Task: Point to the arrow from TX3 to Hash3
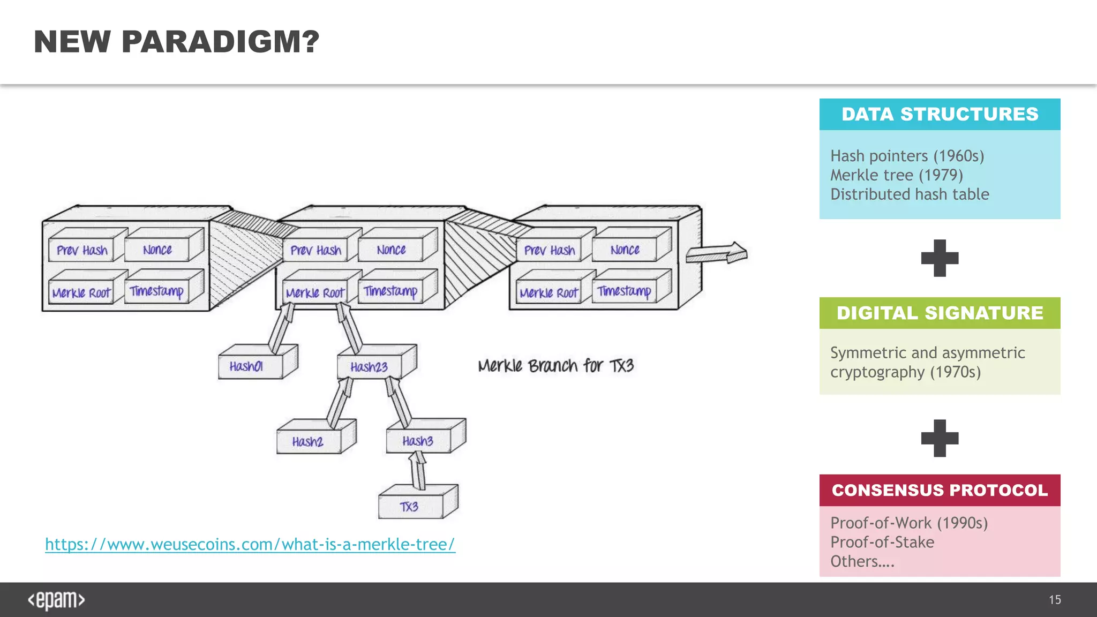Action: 418,470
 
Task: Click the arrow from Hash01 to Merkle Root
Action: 282,327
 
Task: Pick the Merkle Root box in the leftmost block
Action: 81,293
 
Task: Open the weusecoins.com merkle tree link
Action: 250,544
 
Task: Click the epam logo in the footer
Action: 56,600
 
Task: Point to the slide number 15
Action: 1055,600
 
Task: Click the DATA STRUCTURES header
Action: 940,114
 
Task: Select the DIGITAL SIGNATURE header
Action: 940,313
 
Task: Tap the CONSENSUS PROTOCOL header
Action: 940,490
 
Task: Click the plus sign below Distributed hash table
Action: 940,258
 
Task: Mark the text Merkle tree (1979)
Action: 897,175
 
